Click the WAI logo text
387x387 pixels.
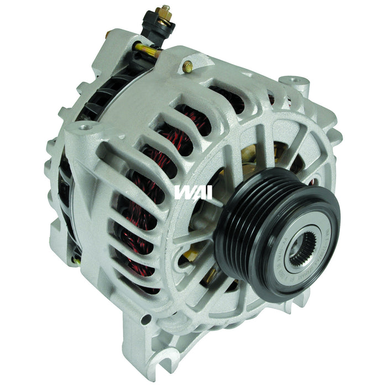[192, 192]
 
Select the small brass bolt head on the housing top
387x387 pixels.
[188, 67]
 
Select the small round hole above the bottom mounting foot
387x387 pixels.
[145, 320]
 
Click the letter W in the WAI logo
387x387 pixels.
[183, 192]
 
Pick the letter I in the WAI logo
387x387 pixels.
[208, 192]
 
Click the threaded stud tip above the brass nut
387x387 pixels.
[165, 8]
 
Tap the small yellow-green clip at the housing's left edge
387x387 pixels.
[77, 258]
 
